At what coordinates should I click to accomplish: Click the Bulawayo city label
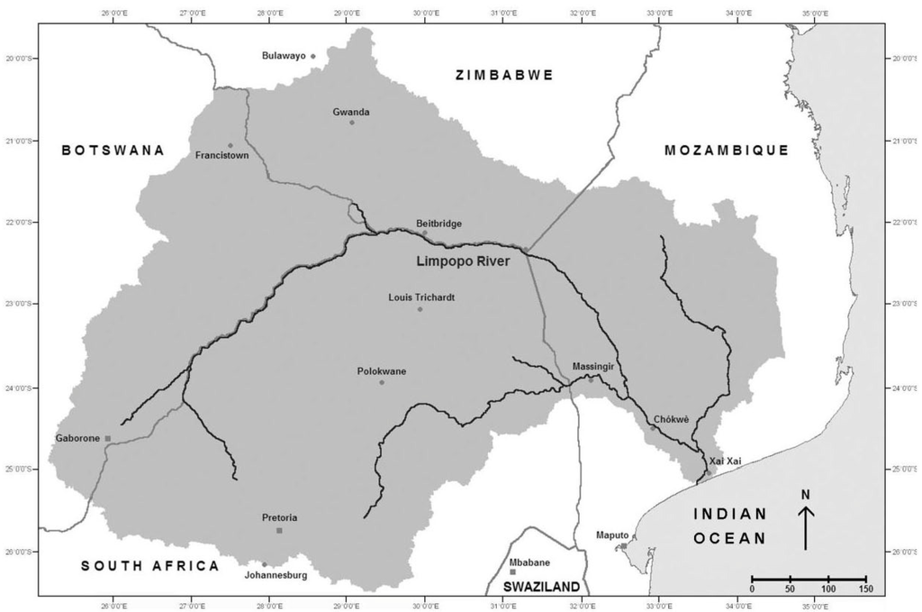click(x=284, y=56)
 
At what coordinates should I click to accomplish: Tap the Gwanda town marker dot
click(x=352, y=123)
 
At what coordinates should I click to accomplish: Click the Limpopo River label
click(x=463, y=261)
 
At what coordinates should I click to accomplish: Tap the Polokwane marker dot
click(x=382, y=383)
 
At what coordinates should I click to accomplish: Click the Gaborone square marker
click(x=108, y=439)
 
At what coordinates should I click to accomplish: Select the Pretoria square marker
click(x=279, y=531)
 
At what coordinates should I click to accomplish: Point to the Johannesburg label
click(x=276, y=575)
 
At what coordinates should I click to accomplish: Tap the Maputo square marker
click(x=623, y=546)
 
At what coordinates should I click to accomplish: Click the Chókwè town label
click(x=669, y=419)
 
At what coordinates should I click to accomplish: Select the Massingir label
click(x=592, y=367)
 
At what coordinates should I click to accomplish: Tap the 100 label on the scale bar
click(x=827, y=589)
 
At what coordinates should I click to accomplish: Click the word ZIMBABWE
click(x=503, y=76)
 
